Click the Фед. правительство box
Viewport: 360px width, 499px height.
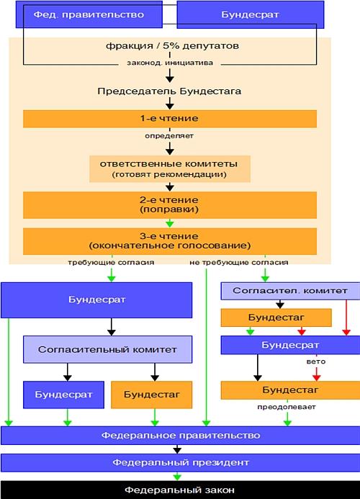click(89, 14)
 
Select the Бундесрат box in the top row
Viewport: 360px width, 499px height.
click(251, 14)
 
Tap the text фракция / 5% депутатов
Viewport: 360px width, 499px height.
click(172, 46)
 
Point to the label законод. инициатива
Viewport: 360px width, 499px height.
click(170, 63)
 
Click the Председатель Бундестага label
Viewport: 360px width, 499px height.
click(169, 91)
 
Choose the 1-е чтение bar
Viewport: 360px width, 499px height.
click(170, 119)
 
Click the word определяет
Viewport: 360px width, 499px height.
click(169, 136)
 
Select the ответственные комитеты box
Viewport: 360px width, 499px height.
click(170, 168)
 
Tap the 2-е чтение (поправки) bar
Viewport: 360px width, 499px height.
click(170, 204)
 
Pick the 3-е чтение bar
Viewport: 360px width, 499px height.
click(170, 241)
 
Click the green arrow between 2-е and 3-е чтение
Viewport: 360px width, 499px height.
click(170, 222)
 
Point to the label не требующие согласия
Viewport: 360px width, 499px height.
click(239, 263)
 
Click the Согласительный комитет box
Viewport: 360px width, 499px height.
click(107, 349)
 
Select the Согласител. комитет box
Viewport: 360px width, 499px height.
click(290, 291)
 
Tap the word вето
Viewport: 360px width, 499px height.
click(316, 361)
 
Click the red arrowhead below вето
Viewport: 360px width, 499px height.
click(316, 377)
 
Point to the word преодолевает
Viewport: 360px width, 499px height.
click(287, 407)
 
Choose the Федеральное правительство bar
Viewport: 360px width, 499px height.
click(181, 436)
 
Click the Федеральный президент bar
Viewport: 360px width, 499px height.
click(181, 462)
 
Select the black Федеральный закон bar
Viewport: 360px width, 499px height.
click(180, 490)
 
